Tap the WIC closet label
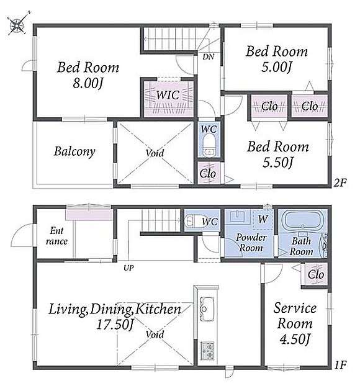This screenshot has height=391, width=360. click(x=168, y=95)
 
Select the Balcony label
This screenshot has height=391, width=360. click(x=74, y=151)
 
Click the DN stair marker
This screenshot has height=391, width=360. click(x=208, y=57)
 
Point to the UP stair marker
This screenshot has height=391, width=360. click(x=128, y=268)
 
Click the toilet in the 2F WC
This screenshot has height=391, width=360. click(x=209, y=146)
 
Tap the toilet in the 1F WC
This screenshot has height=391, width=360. click(x=190, y=221)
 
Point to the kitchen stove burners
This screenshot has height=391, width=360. click(x=207, y=351)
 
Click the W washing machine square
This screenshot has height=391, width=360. click(x=263, y=220)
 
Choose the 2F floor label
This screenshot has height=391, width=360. click(x=340, y=183)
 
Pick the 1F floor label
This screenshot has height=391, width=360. click(x=340, y=366)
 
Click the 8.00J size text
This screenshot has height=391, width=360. click(x=88, y=83)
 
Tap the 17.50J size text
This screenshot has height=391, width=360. click(x=115, y=325)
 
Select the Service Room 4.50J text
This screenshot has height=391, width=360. click(x=295, y=323)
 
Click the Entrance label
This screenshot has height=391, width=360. click(x=56, y=236)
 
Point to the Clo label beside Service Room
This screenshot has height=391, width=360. click(x=316, y=274)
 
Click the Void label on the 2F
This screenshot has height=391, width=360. click(x=155, y=153)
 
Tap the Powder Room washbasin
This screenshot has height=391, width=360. click(x=238, y=216)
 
